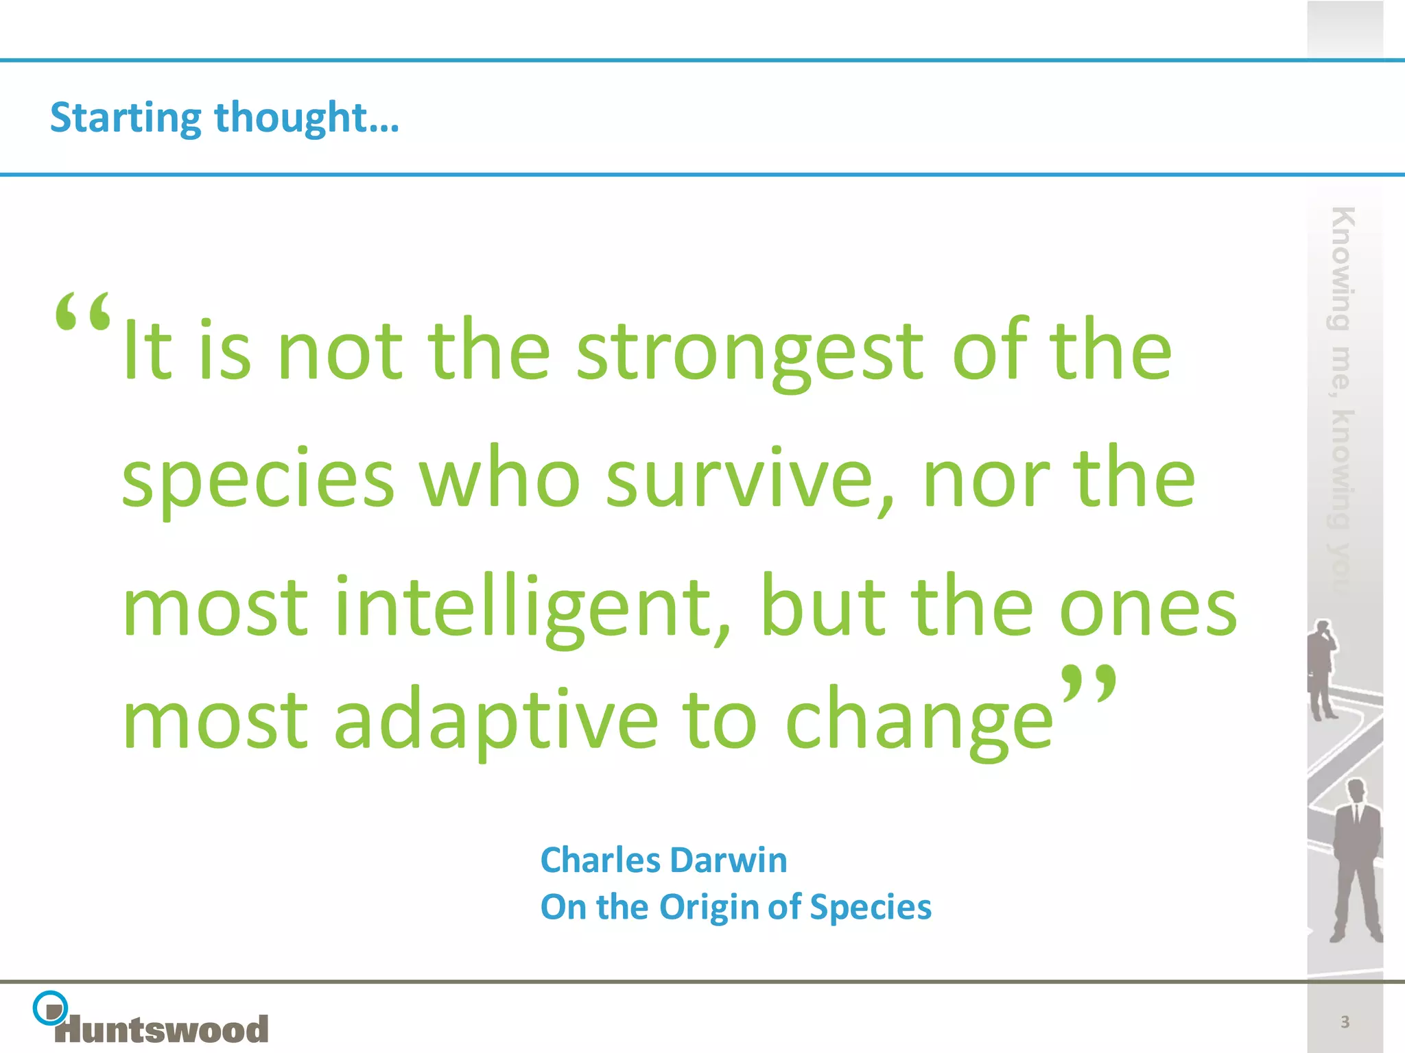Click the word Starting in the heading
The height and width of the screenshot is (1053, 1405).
coord(126,118)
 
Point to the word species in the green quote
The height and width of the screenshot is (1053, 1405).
coord(258,480)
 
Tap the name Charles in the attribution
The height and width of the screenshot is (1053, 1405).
coord(600,860)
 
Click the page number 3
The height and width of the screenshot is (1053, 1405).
coord(1345,1022)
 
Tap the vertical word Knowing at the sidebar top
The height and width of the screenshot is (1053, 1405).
coord(1342,267)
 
